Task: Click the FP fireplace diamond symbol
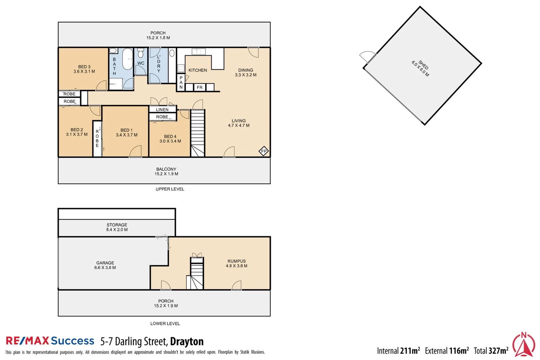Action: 264,151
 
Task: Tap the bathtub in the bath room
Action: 127,59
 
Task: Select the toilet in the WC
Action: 141,53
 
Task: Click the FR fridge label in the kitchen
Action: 199,87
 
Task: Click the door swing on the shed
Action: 368,57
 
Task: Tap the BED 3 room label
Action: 84,69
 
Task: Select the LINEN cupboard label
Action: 162,109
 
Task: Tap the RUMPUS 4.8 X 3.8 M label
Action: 236,263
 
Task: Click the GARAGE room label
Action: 105,265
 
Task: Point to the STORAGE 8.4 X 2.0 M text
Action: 117,227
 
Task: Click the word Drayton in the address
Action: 187,341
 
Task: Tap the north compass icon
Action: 523,345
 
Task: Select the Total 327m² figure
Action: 491,351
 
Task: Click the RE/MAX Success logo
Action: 50,341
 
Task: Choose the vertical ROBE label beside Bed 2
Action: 97,138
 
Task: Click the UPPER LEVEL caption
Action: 170,189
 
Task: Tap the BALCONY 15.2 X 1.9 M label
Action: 166,171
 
